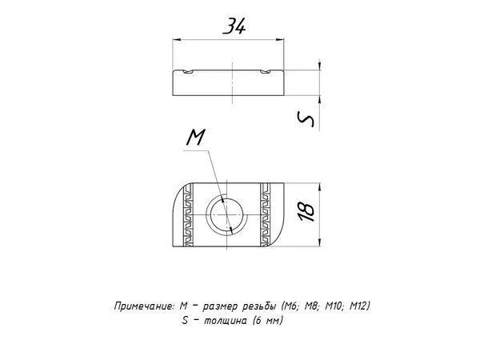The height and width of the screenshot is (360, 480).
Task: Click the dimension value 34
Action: point(234,26)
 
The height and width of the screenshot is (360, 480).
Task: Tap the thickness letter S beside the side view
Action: point(306,119)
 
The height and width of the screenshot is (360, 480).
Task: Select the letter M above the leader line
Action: point(196,137)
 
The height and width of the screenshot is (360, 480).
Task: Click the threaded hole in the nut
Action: point(227,216)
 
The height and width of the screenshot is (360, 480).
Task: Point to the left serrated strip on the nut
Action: point(188,214)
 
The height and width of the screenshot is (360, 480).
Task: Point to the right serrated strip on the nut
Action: point(265,214)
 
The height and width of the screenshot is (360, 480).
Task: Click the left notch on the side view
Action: point(188,72)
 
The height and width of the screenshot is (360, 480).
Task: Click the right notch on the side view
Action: point(266,72)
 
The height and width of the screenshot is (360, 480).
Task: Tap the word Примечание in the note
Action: point(145,306)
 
